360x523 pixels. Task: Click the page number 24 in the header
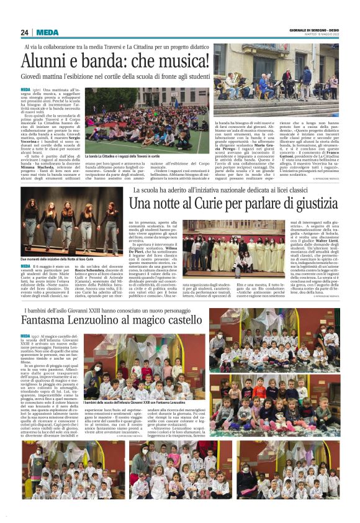pyautogui.click(x=25, y=32)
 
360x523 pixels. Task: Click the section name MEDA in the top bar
pyautogui.click(x=47, y=32)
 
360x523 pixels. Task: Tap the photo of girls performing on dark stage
pyautogui.click(x=71, y=222)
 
